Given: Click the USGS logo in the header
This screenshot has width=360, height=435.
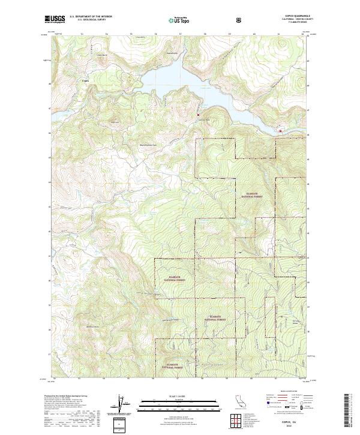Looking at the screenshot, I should tap(55, 19).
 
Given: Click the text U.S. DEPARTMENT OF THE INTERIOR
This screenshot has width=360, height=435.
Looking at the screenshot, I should tap(91, 17).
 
